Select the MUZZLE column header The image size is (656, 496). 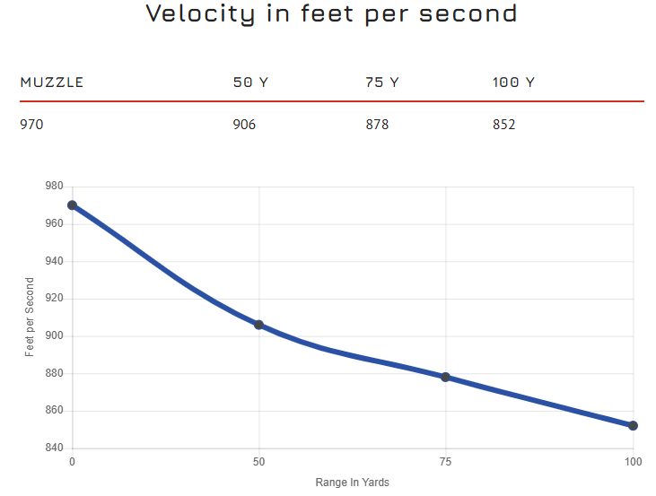[51, 83]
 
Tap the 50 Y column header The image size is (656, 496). [250, 83]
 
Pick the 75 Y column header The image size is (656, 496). [382, 83]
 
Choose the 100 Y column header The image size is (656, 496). [513, 83]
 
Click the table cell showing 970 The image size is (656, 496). [31, 125]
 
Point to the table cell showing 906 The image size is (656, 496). [244, 125]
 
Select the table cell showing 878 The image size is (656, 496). [377, 125]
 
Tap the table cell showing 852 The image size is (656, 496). [503, 125]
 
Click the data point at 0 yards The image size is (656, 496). [72, 205]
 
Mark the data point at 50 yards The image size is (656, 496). [258, 325]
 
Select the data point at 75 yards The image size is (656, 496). [446, 377]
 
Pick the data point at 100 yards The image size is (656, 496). [633, 425]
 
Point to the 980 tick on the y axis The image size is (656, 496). [54, 187]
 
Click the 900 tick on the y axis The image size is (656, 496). [54, 336]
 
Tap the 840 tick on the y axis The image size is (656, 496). [54, 448]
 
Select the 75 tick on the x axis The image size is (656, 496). [446, 462]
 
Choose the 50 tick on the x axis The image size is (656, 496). [258, 462]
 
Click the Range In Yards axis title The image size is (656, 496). [352, 483]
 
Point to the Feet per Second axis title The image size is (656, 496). [30, 318]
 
